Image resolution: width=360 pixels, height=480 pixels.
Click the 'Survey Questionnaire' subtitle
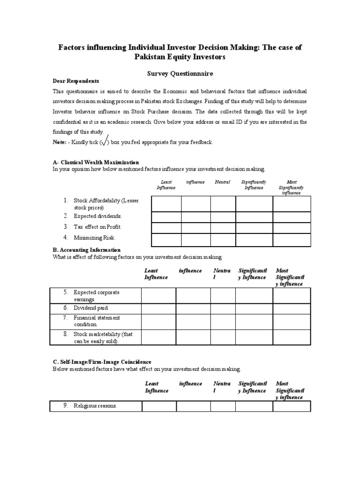180,74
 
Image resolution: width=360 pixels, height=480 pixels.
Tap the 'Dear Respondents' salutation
75,81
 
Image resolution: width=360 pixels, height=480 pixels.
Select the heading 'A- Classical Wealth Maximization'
96,162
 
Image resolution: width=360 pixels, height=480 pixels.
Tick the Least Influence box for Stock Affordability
166,204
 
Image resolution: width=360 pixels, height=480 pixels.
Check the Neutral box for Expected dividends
223,217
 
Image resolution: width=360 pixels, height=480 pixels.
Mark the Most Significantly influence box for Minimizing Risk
292,240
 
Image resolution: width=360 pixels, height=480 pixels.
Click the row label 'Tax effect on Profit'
97,227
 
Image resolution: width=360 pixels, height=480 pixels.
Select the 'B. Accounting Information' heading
86,250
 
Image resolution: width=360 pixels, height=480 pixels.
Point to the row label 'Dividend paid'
91,308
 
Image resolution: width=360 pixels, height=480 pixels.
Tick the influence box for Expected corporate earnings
193,296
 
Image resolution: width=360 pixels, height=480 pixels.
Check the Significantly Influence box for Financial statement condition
254,321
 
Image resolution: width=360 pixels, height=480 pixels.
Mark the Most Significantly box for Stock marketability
292,337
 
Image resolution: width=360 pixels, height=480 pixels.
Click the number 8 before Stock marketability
66,334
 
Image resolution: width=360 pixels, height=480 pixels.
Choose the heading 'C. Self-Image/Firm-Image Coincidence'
102,362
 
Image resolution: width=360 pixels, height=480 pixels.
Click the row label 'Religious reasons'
95,406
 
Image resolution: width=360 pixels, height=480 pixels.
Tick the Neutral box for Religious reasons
223,406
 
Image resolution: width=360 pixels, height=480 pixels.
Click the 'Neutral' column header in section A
222,182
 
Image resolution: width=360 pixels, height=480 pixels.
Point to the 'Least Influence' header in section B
156,274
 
